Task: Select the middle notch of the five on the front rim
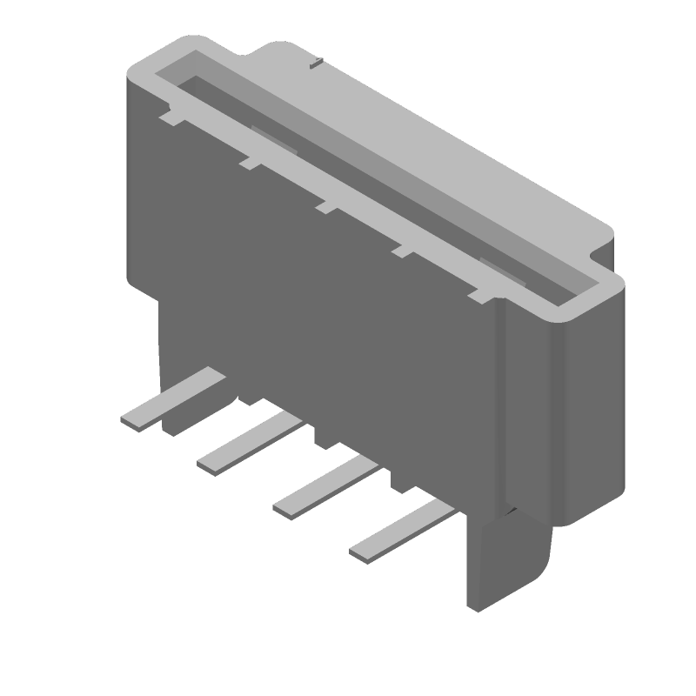coord(326,206)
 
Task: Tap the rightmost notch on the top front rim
coord(479,296)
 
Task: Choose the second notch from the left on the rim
coord(250,161)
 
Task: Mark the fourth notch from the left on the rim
coord(404,251)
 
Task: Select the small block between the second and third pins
coord(324,439)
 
